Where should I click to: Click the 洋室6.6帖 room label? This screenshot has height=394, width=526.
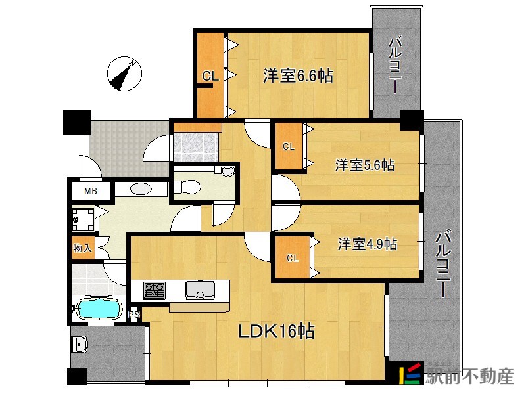pos(299,76)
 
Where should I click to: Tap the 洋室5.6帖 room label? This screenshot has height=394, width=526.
pos(365,165)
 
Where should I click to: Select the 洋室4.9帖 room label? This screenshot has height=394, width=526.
pos(368,244)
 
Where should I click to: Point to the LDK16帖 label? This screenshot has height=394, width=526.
pos(276,332)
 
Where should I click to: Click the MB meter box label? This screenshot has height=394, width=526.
pos(91,191)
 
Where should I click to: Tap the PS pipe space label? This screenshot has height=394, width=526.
pos(134,315)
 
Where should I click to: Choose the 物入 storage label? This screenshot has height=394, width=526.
pos(83,248)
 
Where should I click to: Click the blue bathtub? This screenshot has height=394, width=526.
pos(99,309)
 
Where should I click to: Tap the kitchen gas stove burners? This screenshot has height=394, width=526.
pos(155,290)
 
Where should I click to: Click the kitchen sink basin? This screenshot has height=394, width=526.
pos(201,290)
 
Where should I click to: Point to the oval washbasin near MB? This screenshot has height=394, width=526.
pos(141,188)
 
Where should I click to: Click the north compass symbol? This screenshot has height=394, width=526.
pos(124,74)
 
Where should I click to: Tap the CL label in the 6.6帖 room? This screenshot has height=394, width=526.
pos(210,77)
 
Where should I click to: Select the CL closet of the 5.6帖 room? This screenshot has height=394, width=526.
pos(289,146)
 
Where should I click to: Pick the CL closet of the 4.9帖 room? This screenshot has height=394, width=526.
pos(292,257)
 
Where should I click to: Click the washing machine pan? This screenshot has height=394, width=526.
pos(84,219)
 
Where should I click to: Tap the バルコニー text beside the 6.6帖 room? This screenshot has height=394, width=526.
pos(396,65)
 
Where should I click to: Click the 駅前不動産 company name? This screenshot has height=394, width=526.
pos(469,376)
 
